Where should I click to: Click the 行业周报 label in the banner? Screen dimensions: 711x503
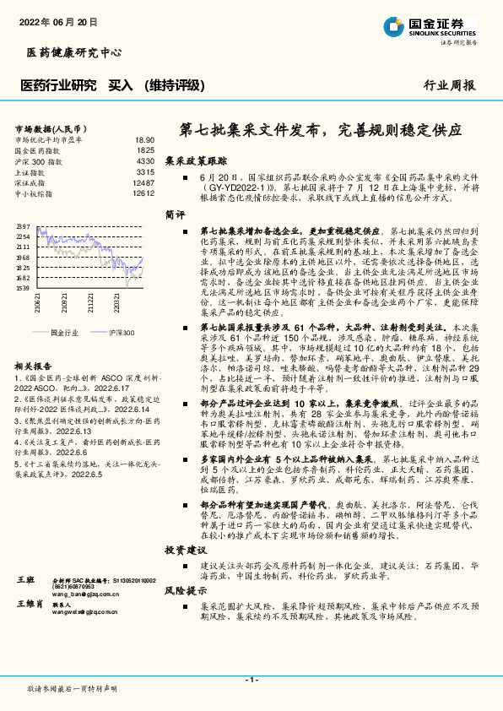coord(449,85)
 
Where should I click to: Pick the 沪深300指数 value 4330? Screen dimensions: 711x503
coord(144,160)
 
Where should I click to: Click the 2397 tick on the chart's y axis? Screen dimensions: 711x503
coord(23,226)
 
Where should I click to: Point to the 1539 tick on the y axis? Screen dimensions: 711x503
coord(23,288)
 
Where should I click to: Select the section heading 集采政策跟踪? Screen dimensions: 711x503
coord(196,160)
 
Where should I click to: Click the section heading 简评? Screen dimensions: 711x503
coord(175,214)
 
